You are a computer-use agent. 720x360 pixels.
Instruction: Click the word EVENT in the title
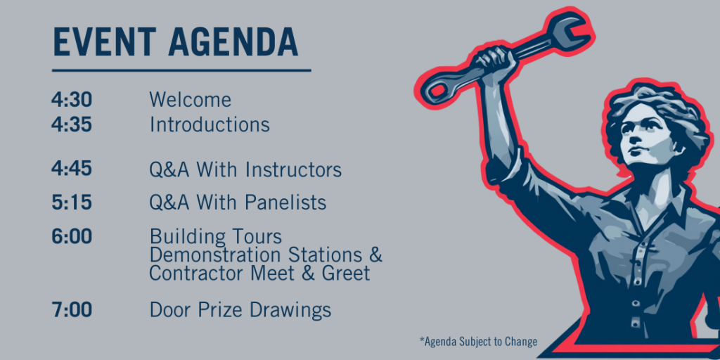coord(104,41)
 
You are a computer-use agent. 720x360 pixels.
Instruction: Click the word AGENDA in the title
coord(233,41)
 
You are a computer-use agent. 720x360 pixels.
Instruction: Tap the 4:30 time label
coord(72,100)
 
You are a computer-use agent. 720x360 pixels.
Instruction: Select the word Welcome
coord(190,100)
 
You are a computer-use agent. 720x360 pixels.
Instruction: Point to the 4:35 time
coord(72,124)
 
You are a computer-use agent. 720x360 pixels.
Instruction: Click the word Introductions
coord(210,124)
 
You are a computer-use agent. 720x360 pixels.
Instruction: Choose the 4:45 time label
coord(72,169)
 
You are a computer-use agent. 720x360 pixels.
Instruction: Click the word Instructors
coord(293,169)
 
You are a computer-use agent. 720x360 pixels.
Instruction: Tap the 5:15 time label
coord(72,202)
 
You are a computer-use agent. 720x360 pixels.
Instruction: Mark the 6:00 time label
coord(72,237)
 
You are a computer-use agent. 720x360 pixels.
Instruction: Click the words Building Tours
coord(216,238)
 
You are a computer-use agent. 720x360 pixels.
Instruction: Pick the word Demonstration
coord(216,255)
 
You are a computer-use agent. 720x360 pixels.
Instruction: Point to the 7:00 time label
coord(72,310)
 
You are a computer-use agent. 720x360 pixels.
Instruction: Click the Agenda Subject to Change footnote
coord(478,342)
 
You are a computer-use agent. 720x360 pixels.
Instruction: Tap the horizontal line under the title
coord(181,70)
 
